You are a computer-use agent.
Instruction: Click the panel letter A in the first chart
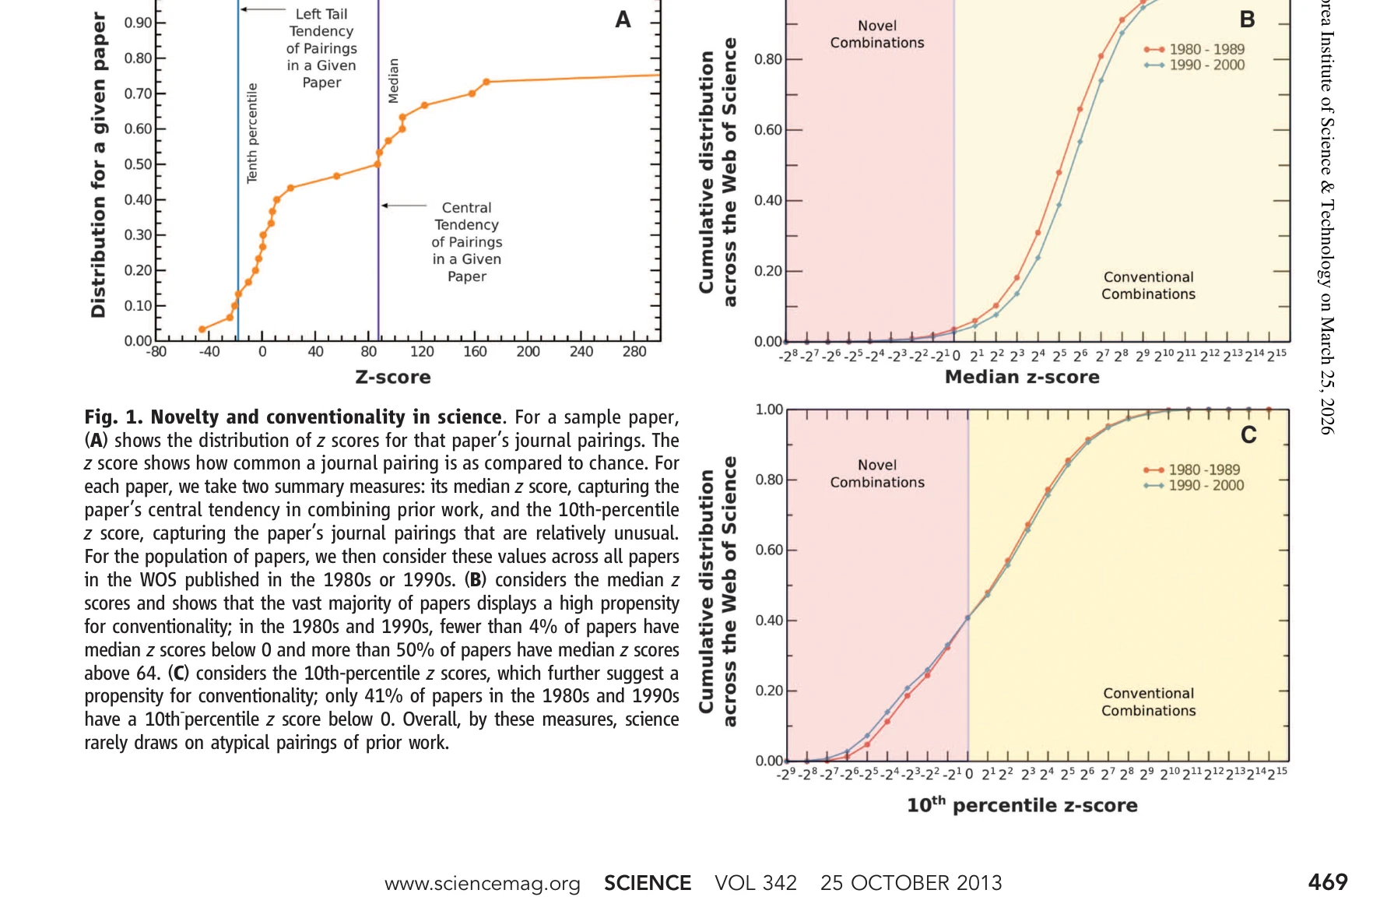[623, 19]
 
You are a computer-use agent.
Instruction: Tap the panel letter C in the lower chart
[1248, 435]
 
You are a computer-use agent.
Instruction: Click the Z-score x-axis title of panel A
[392, 378]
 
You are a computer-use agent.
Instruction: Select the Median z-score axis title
[1022, 378]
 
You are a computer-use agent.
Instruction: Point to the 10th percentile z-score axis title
[1022, 805]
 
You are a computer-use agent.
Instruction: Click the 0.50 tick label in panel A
[139, 164]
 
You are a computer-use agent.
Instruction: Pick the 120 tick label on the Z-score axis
[422, 352]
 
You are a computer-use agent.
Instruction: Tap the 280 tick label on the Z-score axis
[634, 352]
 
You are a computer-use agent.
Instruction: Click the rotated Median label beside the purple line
[394, 80]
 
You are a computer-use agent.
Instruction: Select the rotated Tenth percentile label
[252, 133]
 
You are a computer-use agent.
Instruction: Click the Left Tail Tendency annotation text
[321, 48]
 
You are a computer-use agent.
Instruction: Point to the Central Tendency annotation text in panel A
[466, 242]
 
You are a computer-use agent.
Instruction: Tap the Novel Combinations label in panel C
[877, 473]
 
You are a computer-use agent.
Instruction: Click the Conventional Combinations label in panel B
[1148, 286]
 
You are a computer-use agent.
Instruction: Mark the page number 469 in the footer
[1328, 882]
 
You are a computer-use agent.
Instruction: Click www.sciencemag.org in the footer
[483, 884]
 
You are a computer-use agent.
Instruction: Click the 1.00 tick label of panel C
[770, 410]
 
